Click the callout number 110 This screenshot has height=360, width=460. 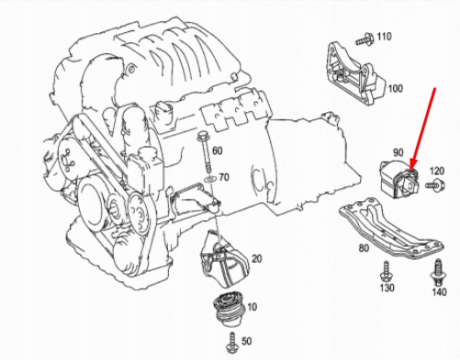click(384, 37)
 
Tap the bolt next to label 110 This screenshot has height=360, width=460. click(365, 39)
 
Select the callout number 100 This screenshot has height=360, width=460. click(396, 88)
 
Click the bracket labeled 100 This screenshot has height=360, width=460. click(354, 74)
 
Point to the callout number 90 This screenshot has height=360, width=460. click(398, 152)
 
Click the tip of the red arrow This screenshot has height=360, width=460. click(410, 169)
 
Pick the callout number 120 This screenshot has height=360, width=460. click(437, 171)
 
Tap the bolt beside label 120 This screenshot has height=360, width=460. click(435, 185)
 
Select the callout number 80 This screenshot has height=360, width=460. click(364, 248)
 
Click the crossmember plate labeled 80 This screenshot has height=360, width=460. click(392, 228)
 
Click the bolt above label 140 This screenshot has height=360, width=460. click(438, 272)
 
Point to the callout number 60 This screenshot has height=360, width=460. click(217, 151)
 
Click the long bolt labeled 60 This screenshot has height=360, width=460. click(204, 152)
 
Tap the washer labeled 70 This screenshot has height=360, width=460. click(210, 179)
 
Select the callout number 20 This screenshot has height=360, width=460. click(257, 259)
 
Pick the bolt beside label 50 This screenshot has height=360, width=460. click(232, 343)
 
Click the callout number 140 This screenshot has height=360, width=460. click(439, 292)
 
